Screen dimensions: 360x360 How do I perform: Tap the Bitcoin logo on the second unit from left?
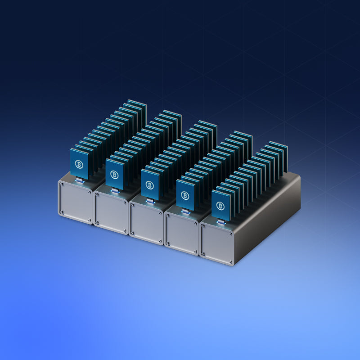pos(114,175)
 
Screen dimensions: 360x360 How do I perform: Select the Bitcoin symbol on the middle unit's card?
pos(150,185)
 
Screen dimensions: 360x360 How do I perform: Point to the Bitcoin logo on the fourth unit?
pos(185,195)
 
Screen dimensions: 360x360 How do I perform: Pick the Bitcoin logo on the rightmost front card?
pos(220,206)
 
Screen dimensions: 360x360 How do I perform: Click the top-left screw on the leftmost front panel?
pos(62,184)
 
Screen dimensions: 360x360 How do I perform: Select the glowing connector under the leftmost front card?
pos(80,181)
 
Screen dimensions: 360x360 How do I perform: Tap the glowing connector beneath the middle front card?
pos(150,201)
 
